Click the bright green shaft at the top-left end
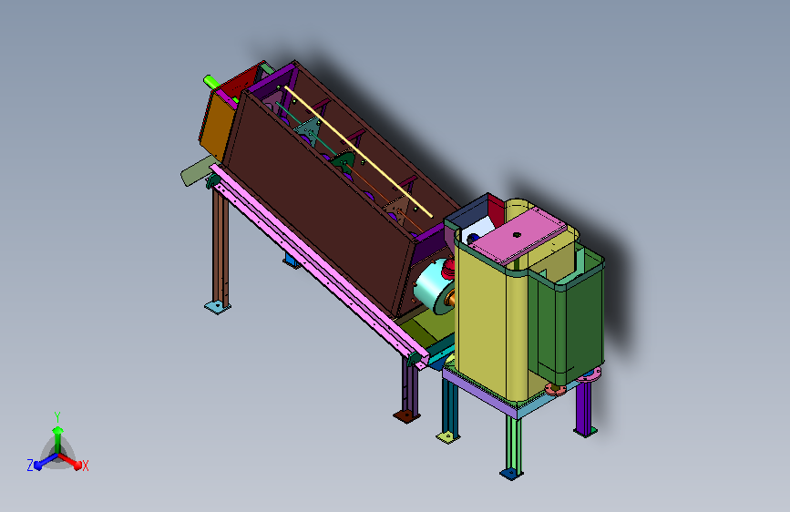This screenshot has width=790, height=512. (x=210, y=81)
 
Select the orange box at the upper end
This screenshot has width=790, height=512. (x=217, y=125)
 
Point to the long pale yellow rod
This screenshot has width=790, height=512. (x=359, y=151)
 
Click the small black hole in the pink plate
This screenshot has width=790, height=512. (x=517, y=234)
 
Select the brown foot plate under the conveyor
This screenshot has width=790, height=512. (x=406, y=416)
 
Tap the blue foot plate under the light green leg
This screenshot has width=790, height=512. (x=511, y=473)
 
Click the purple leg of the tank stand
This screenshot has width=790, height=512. (x=584, y=407)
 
